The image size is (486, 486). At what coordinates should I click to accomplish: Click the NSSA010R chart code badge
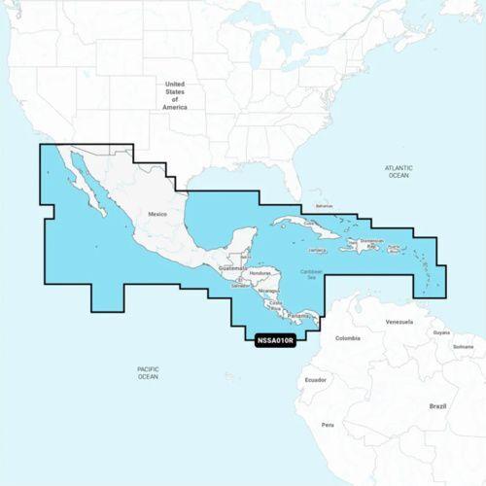click(275, 341)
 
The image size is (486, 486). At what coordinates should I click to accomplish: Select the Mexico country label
click(158, 212)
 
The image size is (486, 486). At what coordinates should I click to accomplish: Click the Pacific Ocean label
click(148, 372)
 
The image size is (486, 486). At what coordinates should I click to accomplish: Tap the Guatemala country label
click(233, 266)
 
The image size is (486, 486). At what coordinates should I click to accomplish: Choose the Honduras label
click(260, 273)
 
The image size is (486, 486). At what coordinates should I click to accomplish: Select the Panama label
click(297, 317)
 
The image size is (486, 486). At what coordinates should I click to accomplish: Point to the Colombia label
click(347, 338)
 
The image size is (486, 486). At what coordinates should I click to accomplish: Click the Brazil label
click(437, 405)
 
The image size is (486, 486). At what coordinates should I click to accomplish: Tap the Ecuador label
click(315, 380)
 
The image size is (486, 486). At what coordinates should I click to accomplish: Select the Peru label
click(328, 425)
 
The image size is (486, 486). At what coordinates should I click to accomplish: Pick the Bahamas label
click(324, 206)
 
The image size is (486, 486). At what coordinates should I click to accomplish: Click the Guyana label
click(441, 332)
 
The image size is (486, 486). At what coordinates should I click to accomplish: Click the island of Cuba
click(292, 226)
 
